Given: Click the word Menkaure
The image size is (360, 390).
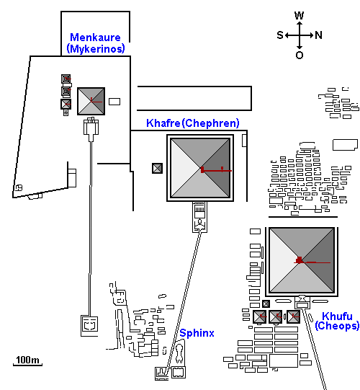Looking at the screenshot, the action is (x=95, y=37).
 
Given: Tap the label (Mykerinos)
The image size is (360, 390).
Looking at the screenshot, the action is (x=96, y=48).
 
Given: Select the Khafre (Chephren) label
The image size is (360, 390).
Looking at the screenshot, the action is (x=193, y=123).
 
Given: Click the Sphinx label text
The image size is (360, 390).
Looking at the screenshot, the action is (x=197, y=333).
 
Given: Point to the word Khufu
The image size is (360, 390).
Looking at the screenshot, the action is (x=337, y=316).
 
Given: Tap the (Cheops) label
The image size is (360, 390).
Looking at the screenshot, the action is (x=337, y=326).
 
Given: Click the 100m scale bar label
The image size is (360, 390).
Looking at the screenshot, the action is (x=27, y=360).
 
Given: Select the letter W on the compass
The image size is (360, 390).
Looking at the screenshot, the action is (x=300, y=15).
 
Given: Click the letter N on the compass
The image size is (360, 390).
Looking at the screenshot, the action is (x=318, y=35).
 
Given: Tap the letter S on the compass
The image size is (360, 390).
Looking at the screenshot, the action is (x=280, y=35).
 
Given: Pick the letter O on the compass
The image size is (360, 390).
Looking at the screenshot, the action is (x=300, y=55).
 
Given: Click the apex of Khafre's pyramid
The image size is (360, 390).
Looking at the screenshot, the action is (x=200, y=168).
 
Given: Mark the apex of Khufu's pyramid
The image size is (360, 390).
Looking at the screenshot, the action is (x=302, y=260).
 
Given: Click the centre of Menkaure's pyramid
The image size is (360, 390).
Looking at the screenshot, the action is (x=91, y=101).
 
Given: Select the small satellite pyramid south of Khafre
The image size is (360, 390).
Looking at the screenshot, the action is (x=157, y=169).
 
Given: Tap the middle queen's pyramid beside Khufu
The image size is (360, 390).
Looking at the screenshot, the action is (x=276, y=316).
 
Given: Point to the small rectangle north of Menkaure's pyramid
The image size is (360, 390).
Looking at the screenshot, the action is (x=114, y=102).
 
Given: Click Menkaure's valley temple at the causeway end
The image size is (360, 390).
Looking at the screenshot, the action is (x=89, y=326).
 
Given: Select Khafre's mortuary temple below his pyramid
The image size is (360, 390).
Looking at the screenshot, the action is (x=199, y=217).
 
